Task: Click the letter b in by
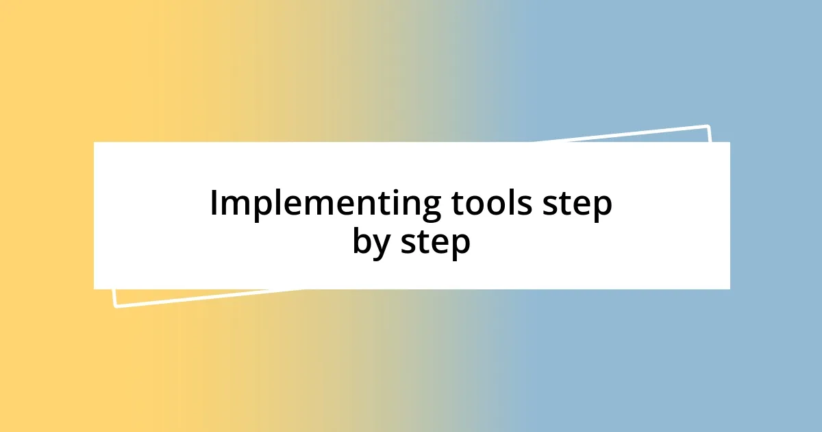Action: click(362, 241)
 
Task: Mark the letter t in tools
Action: click(456, 204)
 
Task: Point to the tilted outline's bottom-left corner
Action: click(115, 306)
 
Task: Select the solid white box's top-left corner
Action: click(94, 143)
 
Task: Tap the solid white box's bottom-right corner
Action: click(730, 289)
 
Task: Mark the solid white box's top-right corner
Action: click(730, 143)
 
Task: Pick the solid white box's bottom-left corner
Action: click(94, 289)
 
